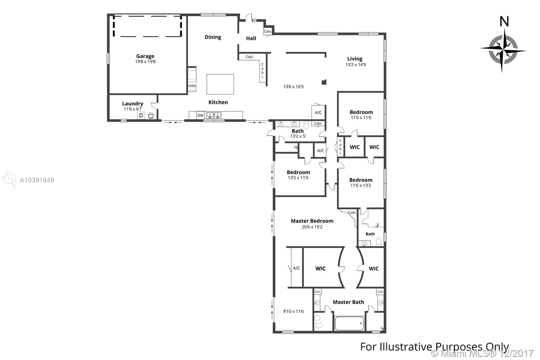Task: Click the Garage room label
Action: coord(145,56)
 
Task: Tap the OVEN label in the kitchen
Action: coord(192,86)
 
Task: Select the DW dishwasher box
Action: coord(200,115)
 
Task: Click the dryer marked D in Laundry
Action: coord(141,115)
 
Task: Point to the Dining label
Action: coord(213,37)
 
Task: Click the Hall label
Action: coord(251,38)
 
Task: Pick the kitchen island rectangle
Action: coord(220,84)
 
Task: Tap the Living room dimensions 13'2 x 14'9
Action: coord(356,65)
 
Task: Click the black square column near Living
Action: coord(324,82)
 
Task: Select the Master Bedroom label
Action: coord(312,221)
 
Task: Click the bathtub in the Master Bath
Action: coord(349,323)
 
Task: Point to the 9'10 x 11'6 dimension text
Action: coord(293,311)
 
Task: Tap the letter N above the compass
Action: coord(504,22)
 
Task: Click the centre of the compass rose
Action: coord(503,51)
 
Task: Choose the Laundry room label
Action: coord(133,104)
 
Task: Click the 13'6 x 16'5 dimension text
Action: coord(293,86)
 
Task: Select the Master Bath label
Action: coord(348,302)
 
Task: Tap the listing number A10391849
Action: coord(37,180)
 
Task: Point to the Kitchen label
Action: coord(218,102)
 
